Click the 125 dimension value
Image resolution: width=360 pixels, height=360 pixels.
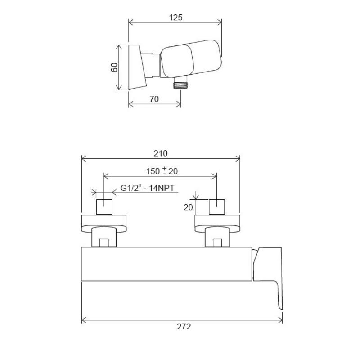pos(175,18)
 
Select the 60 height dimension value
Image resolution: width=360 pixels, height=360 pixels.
pos(114,67)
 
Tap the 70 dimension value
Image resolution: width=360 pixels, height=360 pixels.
pos(154,99)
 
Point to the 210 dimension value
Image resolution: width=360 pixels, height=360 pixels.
pos(161,153)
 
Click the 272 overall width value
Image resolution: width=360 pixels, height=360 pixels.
pos(184,326)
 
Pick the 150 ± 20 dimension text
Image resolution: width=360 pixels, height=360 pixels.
pos(162,171)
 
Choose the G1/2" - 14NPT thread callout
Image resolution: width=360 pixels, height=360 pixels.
pos(148,188)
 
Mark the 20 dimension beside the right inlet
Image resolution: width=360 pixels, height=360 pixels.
pos(188,207)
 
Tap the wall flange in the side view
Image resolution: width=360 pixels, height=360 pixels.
pos(137,67)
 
